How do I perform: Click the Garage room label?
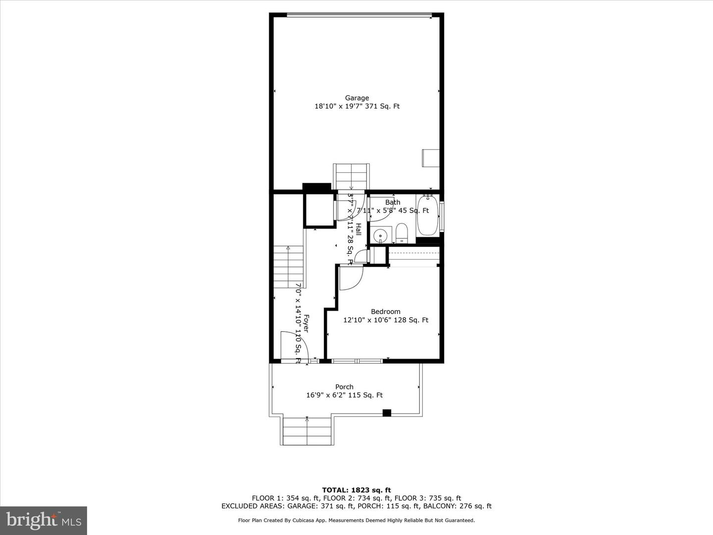(357, 98)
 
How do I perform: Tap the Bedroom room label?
(386, 312)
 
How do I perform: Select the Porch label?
(344, 387)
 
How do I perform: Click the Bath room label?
(393, 202)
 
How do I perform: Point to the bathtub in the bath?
(427, 216)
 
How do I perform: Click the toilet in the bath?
(402, 233)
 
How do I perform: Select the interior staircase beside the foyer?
(288, 267)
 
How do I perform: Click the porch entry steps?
(307, 431)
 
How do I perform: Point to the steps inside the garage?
(351, 176)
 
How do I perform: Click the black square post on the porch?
(387, 413)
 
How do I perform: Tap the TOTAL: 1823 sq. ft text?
(356, 490)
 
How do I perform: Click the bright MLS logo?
(43, 520)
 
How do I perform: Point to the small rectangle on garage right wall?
(430, 158)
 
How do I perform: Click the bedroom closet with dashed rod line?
(414, 256)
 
